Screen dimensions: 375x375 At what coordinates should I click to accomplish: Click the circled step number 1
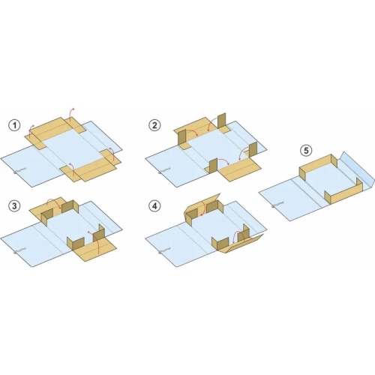click(x=14, y=125)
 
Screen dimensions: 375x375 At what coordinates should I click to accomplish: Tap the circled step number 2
click(x=154, y=125)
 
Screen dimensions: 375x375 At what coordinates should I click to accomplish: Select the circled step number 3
click(x=14, y=206)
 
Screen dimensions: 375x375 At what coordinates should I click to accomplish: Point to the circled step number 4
click(x=154, y=206)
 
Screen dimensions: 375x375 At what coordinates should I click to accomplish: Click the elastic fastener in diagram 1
click(x=19, y=171)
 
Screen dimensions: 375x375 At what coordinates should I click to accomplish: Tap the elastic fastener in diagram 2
click(x=163, y=171)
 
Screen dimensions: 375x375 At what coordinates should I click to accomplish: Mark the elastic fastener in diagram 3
click(x=19, y=250)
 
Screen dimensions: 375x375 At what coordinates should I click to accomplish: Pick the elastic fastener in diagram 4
click(x=163, y=250)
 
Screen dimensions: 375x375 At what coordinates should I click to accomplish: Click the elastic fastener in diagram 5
click(x=277, y=204)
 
